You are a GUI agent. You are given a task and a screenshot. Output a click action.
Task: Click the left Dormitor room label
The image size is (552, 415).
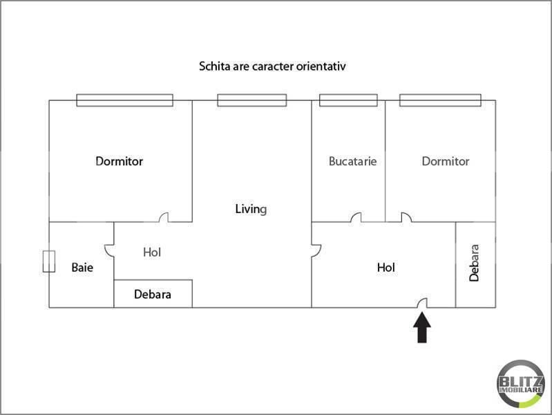(x=119, y=161)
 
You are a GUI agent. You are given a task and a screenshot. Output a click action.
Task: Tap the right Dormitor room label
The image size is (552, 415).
(x=446, y=161)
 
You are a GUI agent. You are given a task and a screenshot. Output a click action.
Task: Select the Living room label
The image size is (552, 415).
(x=251, y=208)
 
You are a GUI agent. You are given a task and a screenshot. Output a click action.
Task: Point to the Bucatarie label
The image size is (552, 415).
(x=352, y=161)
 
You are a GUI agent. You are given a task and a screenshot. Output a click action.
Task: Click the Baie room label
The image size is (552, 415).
(x=82, y=267)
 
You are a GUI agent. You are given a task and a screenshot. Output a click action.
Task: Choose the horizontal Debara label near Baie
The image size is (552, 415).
(x=153, y=294)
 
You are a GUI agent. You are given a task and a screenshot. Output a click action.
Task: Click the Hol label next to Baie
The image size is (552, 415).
(x=152, y=252)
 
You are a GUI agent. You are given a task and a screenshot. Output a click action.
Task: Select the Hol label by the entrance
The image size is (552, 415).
(x=386, y=267)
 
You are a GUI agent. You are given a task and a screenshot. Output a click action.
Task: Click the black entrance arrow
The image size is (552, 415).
(x=422, y=328)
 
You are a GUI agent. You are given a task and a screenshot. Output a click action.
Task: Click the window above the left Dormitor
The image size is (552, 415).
(x=124, y=100)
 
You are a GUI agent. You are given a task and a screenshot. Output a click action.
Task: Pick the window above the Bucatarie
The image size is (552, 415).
(x=348, y=100)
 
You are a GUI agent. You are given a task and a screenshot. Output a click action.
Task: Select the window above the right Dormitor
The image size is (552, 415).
(x=439, y=100)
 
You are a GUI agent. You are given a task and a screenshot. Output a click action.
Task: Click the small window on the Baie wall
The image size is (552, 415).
(x=48, y=261)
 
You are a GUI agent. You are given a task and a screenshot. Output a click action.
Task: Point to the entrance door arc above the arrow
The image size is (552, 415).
(x=423, y=302)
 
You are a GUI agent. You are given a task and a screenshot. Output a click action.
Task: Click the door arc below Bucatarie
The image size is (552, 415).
(x=355, y=218)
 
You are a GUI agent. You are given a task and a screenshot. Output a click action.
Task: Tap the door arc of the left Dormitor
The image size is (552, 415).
(x=164, y=218)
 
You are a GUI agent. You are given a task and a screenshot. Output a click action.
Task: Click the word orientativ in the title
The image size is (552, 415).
(x=322, y=67)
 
